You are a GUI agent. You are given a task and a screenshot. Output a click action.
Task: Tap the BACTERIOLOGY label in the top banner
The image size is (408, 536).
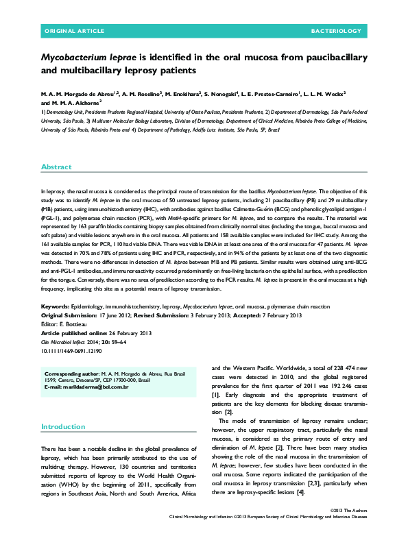[x=336, y=32]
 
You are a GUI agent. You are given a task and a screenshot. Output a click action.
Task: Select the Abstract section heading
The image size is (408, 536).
[x=56, y=167]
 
